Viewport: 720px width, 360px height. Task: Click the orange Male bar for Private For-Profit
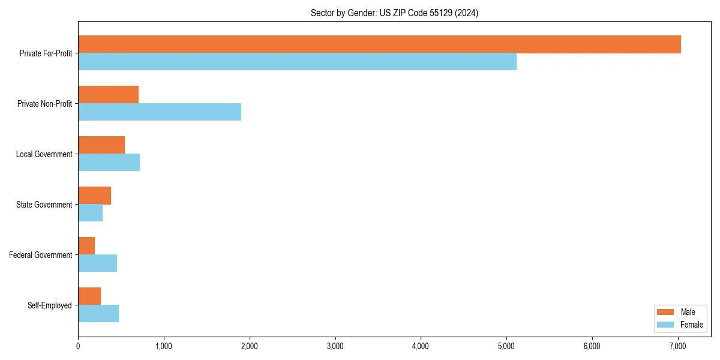click(379, 44)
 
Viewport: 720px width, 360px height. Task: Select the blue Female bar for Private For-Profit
click(297, 62)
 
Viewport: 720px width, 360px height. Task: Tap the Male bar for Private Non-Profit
click(108, 95)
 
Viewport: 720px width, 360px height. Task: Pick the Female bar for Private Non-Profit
click(160, 112)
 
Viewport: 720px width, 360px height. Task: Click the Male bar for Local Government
click(101, 145)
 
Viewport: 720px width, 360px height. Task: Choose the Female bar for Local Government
click(109, 163)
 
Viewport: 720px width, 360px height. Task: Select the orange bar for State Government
click(94, 196)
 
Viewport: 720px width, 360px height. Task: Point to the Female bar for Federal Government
click(97, 263)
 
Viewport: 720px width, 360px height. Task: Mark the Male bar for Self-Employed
click(89, 296)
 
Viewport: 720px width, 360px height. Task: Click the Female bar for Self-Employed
click(98, 314)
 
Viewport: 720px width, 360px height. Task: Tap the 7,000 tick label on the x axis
click(678, 346)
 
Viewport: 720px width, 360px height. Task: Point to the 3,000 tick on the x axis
click(335, 346)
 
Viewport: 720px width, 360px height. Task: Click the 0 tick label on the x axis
click(78, 346)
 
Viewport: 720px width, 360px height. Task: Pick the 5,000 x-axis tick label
click(506, 346)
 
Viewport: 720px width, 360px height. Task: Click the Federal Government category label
click(40, 255)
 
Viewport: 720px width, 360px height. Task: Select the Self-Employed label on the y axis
click(49, 305)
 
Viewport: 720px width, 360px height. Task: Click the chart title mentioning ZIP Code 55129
click(394, 13)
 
